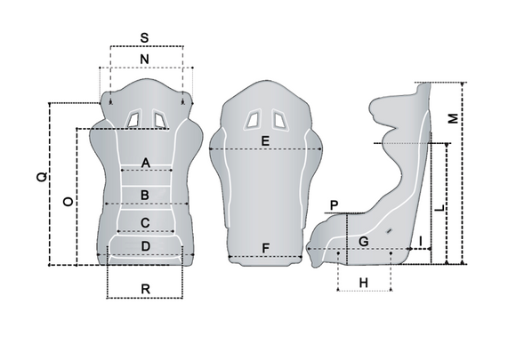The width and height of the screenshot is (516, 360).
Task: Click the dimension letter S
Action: [x=144, y=38]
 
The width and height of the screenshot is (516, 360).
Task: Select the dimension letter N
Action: [x=144, y=60]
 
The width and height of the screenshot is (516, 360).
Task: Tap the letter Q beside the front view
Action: [x=42, y=177]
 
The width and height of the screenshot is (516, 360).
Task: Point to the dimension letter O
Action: [x=68, y=202]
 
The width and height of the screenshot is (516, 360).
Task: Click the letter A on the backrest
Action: [x=145, y=163]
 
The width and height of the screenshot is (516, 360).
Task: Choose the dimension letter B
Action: [x=145, y=196]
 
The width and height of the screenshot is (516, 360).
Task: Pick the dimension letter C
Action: [x=145, y=223]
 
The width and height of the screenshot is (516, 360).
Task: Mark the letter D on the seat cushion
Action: [x=145, y=246]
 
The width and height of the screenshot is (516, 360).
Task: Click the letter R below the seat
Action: [x=145, y=289]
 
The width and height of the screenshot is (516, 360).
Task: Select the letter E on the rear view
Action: [x=265, y=141]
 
